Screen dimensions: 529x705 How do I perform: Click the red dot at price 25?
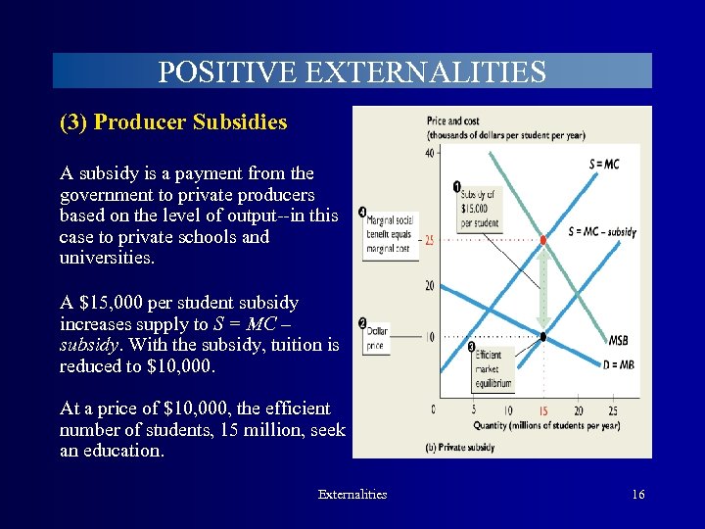click(543, 240)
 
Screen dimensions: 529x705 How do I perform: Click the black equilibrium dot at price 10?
click(543, 337)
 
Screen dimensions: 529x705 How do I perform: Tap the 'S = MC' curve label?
click(603, 164)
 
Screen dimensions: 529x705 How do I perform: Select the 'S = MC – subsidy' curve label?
click(601, 232)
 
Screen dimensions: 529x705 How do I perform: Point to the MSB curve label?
click(618, 341)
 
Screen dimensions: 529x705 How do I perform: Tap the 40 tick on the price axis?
click(429, 153)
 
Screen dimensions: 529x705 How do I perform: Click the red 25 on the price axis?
click(429, 240)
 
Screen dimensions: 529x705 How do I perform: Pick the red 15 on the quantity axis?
click(542, 409)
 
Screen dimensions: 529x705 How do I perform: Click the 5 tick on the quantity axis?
click(474, 409)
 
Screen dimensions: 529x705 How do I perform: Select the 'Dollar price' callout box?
click(377, 338)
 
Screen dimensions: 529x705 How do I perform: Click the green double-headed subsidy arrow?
click(543, 288)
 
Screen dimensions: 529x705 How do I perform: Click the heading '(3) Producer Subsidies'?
click(173, 122)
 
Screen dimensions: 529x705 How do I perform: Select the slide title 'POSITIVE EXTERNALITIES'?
click(352, 72)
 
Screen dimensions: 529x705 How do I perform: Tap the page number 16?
click(637, 495)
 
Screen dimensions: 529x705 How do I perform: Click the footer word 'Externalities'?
click(352, 495)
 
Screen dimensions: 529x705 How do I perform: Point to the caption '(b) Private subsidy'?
click(460, 447)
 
